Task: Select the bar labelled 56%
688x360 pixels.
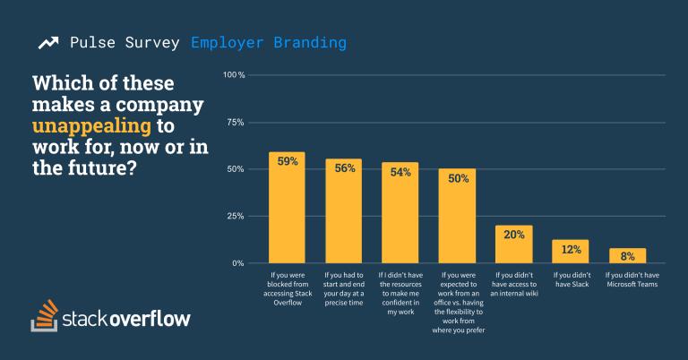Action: (x=343, y=211)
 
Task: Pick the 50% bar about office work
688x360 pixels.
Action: (x=457, y=217)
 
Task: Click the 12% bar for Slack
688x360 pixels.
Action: (x=570, y=252)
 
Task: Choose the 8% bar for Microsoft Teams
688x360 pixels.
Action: (x=627, y=256)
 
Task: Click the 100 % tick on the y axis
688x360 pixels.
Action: (x=234, y=74)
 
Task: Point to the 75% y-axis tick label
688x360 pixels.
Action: (x=236, y=122)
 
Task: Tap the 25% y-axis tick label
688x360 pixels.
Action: (x=236, y=217)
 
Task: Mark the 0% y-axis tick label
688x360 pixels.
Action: (x=238, y=263)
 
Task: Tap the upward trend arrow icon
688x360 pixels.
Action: (x=49, y=42)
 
